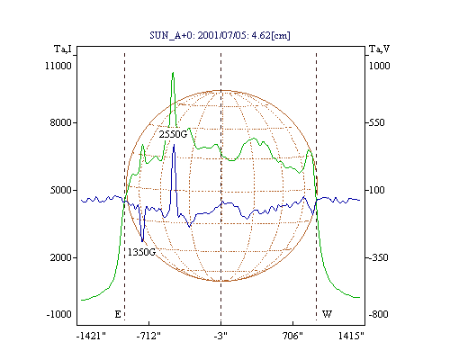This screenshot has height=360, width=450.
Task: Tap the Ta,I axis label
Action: [x=63, y=49]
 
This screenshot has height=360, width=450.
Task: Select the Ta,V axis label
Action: [x=379, y=49]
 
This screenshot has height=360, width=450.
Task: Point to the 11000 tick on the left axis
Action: [x=58, y=66]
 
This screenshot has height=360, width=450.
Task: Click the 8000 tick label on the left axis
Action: [x=61, y=122]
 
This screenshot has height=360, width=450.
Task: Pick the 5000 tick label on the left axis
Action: [x=61, y=190]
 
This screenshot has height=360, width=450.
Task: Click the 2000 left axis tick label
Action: [x=61, y=257]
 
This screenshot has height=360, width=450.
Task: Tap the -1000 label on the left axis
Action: [x=59, y=314]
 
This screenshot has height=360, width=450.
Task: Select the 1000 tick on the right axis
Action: [x=379, y=66]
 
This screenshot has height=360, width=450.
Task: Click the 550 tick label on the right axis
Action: [x=376, y=122]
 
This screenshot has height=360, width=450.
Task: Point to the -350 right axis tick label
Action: [x=378, y=257]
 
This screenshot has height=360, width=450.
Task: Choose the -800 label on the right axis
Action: [x=378, y=314]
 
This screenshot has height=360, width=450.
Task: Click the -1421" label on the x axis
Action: [x=91, y=336]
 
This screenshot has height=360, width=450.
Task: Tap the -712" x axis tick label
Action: [x=148, y=336]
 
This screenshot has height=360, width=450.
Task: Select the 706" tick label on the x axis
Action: [x=292, y=336]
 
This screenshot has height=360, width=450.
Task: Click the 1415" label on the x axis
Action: [x=351, y=336]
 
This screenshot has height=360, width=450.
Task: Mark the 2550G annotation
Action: [x=173, y=134]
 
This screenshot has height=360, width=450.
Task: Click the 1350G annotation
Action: [x=141, y=252]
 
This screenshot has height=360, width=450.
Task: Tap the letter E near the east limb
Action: [x=118, y=314]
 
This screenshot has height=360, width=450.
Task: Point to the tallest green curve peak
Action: [x=173, y=73]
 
